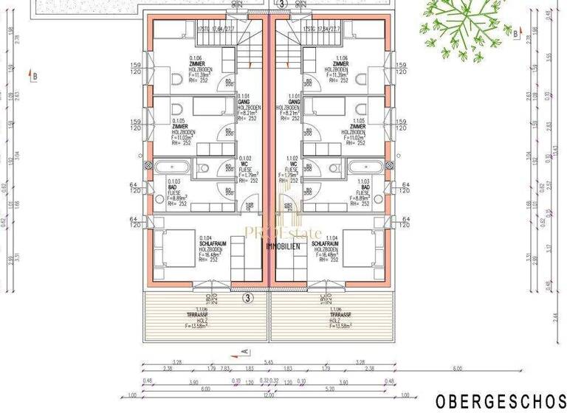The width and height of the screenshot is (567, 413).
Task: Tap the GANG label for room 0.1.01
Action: click(244, 102)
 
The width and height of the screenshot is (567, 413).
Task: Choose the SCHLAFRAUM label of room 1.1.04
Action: click(325, 243)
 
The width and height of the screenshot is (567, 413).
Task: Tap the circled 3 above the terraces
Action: click(248, 298)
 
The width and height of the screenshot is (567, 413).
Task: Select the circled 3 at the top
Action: click(281, 4)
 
